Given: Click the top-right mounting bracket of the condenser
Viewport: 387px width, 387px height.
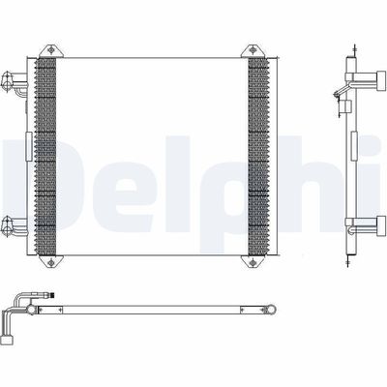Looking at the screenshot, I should [253, 47].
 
